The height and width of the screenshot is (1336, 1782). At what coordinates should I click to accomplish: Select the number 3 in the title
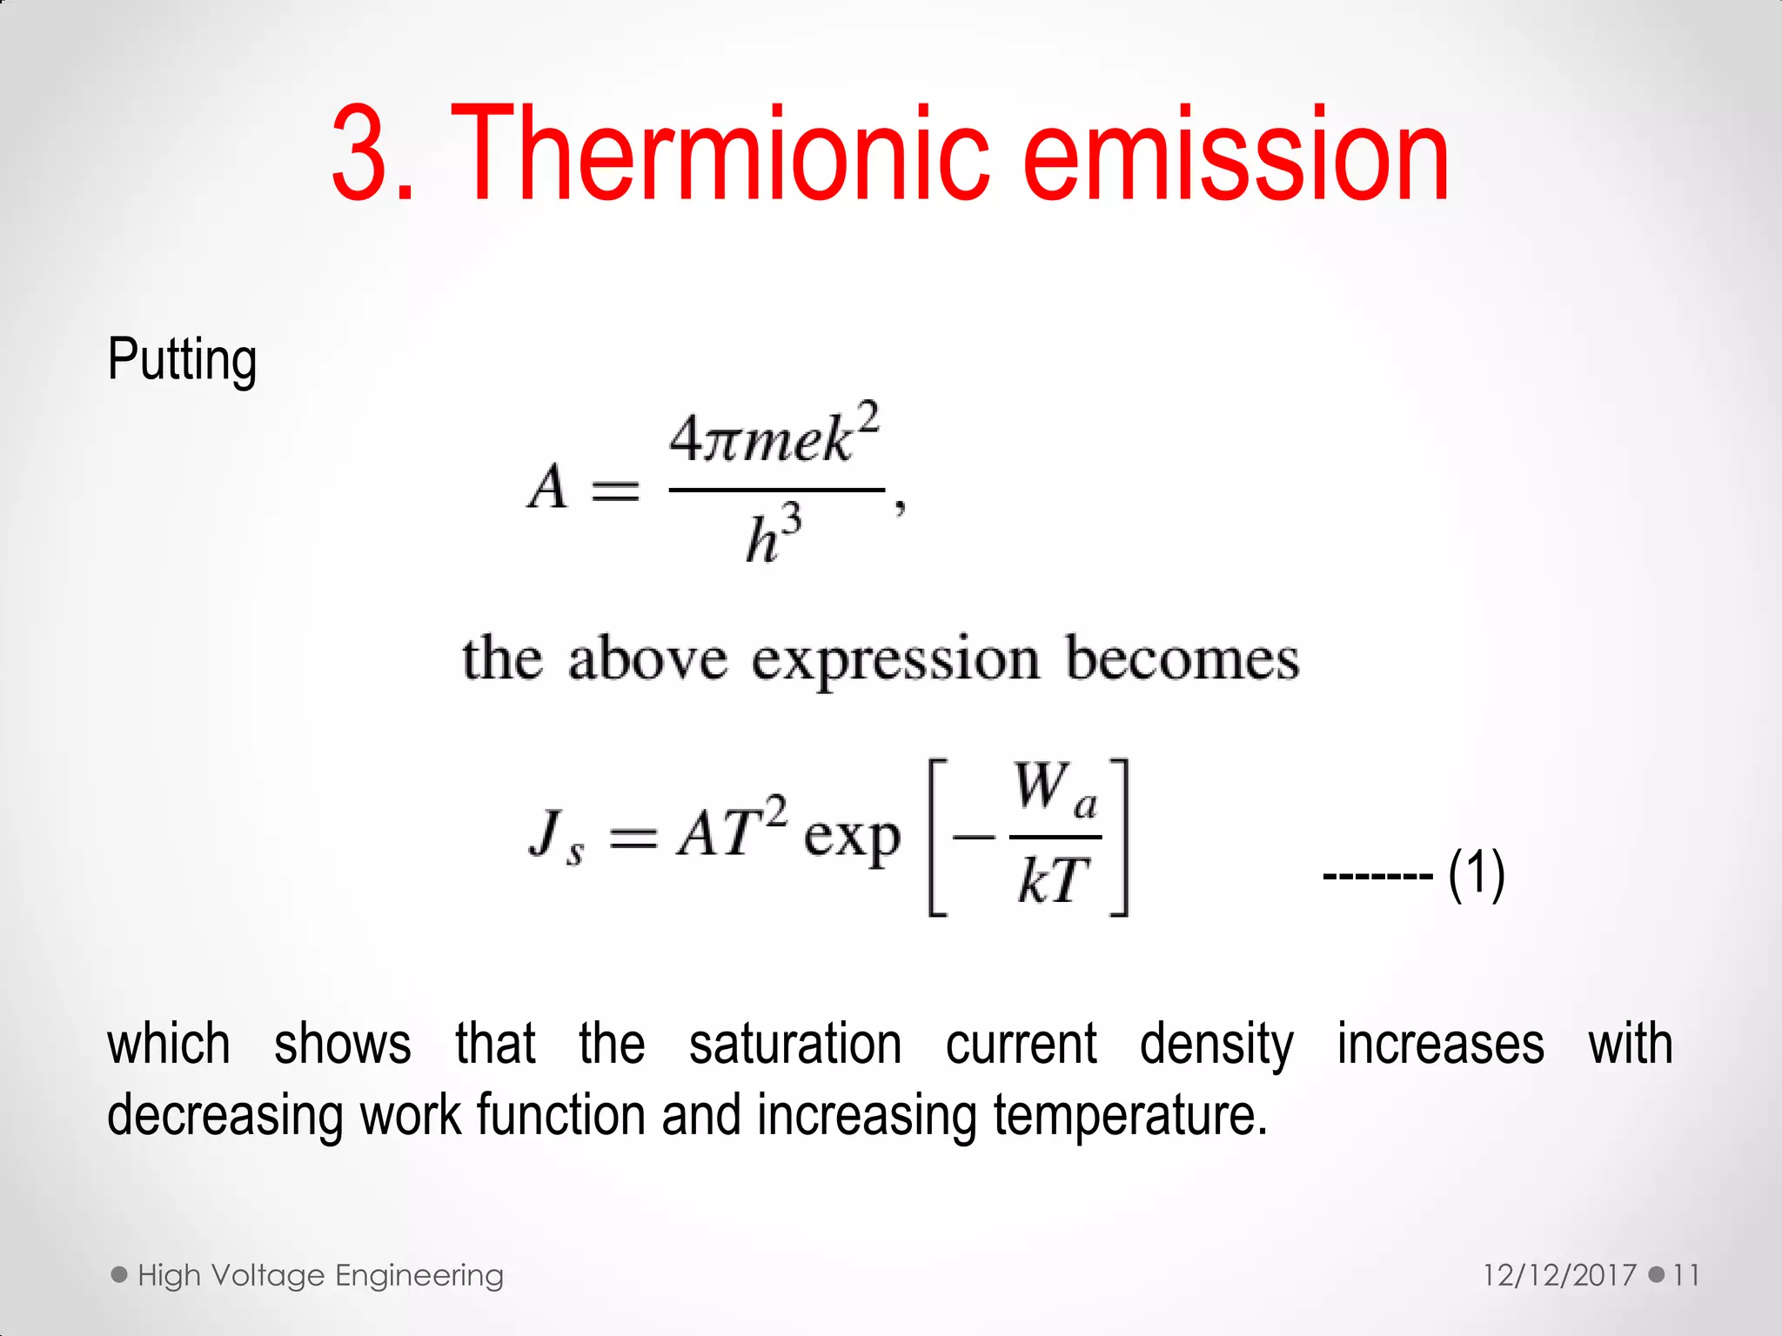(361, 157)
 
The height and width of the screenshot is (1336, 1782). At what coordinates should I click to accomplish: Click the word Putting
(182, 360)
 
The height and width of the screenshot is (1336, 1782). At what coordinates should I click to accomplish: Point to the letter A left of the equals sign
(548, 486)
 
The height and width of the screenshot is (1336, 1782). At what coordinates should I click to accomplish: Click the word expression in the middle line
(896, 660)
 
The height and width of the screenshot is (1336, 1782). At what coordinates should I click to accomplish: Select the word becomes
(1182, 658)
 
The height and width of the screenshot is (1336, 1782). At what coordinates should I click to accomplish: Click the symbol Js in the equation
(555, 837)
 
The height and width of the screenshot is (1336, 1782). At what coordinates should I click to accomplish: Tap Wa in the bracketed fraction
(1055, 790)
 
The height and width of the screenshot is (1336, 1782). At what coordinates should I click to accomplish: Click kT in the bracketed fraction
(1054, 880)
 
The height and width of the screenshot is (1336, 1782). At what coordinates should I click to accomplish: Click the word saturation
(795, 1044)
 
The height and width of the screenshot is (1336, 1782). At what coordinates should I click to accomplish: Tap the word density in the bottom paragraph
(1216, 1045)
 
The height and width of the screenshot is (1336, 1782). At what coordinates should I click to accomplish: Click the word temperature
(1129, 1115)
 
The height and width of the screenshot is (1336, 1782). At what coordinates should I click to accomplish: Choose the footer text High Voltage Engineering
(320, 1275)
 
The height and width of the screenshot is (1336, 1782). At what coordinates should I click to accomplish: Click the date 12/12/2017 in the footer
(1559, 1275)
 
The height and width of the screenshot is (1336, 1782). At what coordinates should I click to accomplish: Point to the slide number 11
(1685, 1275)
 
